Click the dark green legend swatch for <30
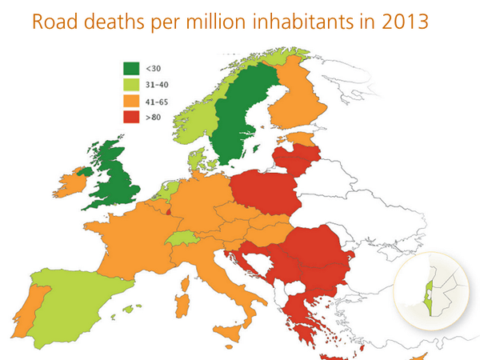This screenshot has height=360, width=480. (132, 69)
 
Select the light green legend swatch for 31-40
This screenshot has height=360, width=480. (132, 86)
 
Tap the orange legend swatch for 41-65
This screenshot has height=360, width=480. (132, 102)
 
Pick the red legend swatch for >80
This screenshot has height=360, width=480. (132, 118)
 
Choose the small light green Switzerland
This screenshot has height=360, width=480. (186, 238)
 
